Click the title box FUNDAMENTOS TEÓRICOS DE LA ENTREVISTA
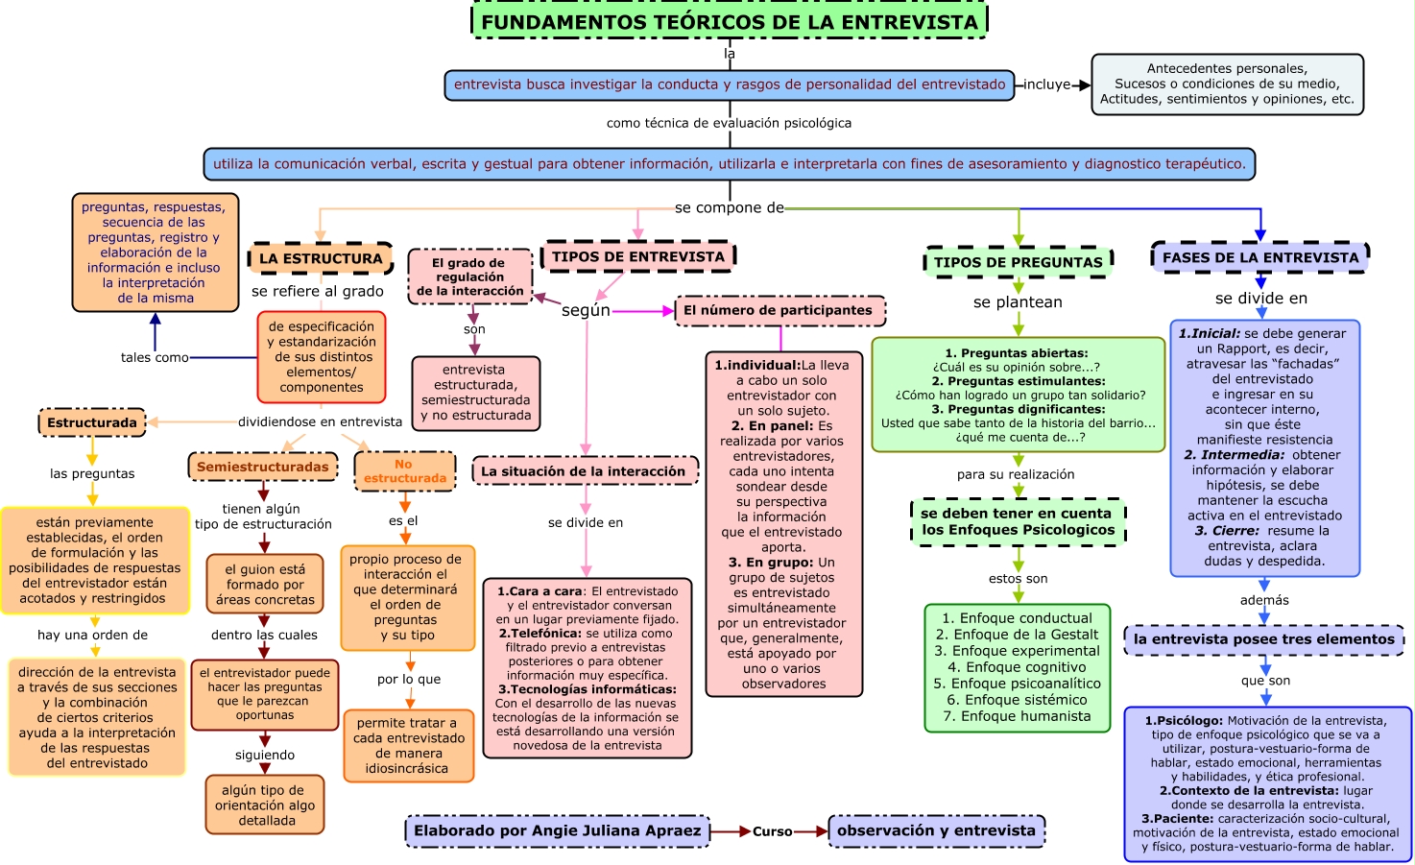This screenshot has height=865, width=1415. [x=730, y=21]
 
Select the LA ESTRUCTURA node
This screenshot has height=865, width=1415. [x=321, y=258]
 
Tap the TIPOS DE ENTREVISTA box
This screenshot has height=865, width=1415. [x=638, y=256]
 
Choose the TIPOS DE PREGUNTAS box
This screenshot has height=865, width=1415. [x=1018, y=262]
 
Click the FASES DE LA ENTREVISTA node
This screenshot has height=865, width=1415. [x=1259, y=257]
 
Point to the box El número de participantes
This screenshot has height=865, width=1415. [x=779, y=310]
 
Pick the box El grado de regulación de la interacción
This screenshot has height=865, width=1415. [x=469, y=276]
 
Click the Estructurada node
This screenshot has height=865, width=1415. [x=92, y=422]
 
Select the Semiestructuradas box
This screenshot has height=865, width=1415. [x=262, y=467]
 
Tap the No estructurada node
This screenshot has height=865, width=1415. [x=404, y=470]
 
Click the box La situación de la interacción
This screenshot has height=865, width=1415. [x=584, y=471]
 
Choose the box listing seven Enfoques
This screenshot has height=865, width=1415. [x=1018, y=667]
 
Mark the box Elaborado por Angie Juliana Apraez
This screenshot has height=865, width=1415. [x=558, y=830]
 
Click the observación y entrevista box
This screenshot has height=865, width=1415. [x=936, y=830]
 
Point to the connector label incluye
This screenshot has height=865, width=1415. [x=1046, y=84]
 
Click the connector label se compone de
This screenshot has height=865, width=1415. [x=729, y=207]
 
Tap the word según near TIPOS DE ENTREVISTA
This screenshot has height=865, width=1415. [x=586, y=310]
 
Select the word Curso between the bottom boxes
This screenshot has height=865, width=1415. [x=772, y=831]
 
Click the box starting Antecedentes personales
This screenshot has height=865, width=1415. [x=1227, y=84]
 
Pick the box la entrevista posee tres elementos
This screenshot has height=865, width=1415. [x=1263, y=639]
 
